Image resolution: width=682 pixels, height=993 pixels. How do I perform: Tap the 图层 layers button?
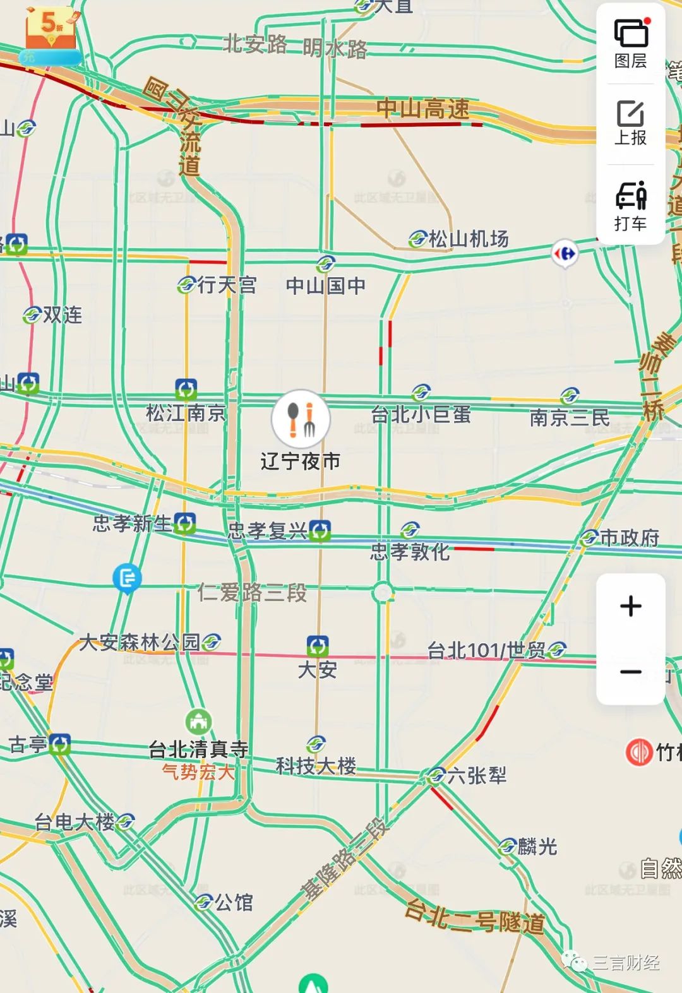click(630, 44)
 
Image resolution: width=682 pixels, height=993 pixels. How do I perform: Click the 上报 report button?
click(630, 123)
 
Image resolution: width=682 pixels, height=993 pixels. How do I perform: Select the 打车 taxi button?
click(630, 205)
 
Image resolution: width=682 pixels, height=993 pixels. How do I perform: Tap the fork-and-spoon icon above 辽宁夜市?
click(301, 419)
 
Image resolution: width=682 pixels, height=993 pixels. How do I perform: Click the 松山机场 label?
click(468, 239)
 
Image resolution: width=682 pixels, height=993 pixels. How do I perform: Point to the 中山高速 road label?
click(423, 109)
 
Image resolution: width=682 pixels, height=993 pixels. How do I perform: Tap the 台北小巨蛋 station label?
click(421, 415)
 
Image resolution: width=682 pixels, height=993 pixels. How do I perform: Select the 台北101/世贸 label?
click(487, 650)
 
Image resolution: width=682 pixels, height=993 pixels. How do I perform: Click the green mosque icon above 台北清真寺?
click(198, 722)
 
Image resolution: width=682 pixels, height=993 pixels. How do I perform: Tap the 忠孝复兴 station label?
click(268, 531)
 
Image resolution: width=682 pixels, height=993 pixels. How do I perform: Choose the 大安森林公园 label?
click(140, 643)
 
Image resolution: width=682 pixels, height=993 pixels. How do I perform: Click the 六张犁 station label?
click(477, 775)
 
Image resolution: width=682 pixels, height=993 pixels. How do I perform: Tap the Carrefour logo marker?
click(565, 254)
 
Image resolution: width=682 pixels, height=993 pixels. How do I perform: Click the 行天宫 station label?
click(227, 285)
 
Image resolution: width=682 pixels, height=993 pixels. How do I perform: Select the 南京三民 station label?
click(569, 417)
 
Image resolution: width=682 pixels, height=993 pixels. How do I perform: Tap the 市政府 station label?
click(629, 538)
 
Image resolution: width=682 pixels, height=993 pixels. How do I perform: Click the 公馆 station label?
click(234, 902)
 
